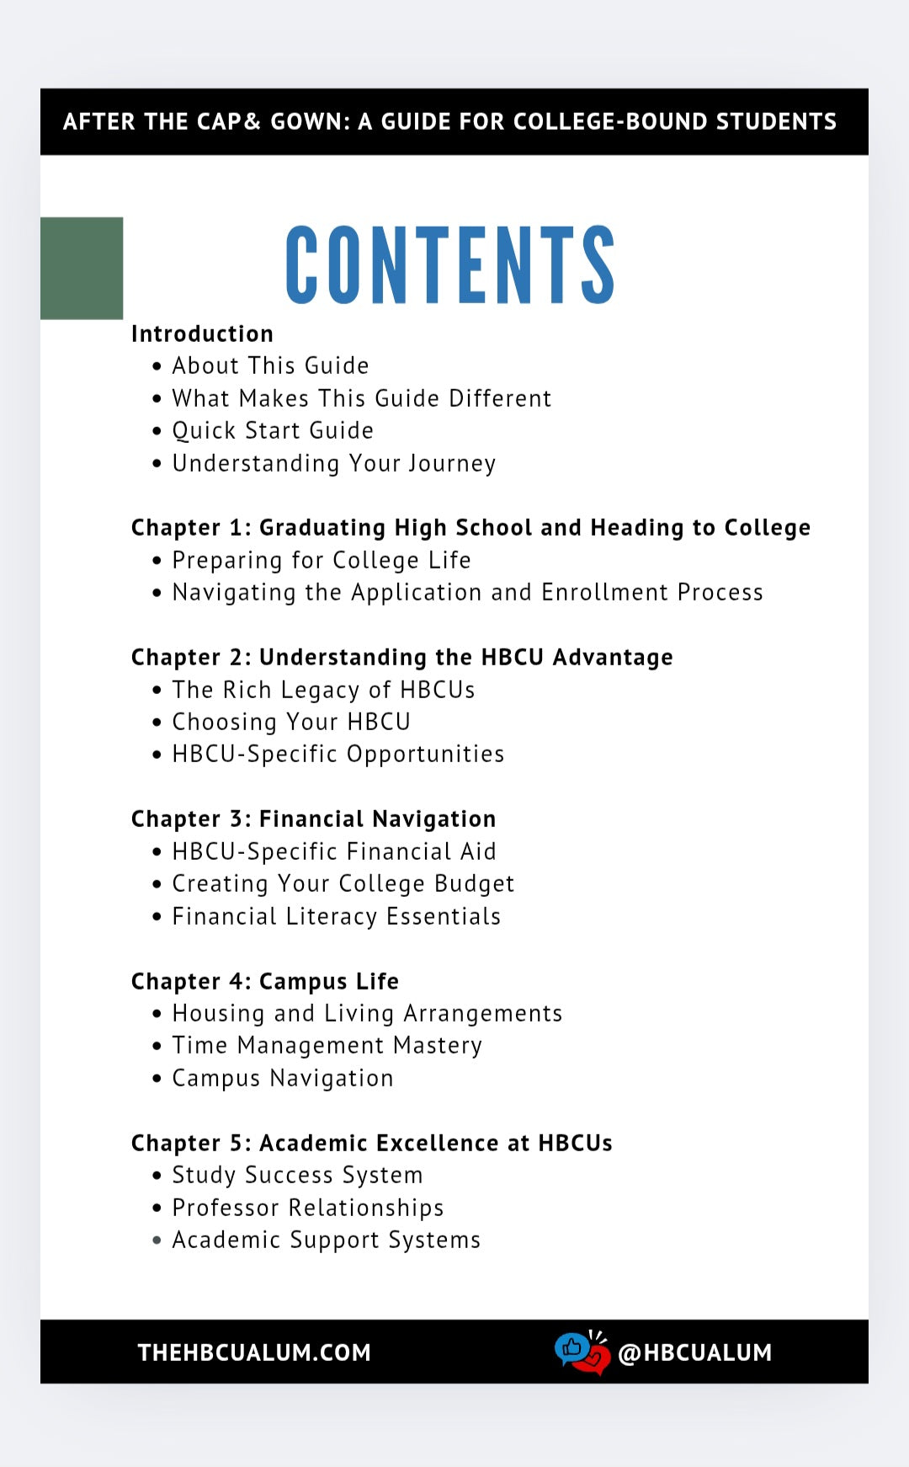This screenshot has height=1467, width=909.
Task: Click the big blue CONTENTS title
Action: [450, 264]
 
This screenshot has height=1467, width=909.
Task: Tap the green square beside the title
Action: [82, 268]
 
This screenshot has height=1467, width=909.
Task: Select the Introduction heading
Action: [202, 333]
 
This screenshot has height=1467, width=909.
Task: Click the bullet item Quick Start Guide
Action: [273, 430]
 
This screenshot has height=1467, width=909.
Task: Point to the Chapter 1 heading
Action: [470, 527]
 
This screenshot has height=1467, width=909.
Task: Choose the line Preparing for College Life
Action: [322, 560]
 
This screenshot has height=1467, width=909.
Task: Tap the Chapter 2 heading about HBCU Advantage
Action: [401, 657]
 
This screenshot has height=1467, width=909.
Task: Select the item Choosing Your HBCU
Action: [291, 722]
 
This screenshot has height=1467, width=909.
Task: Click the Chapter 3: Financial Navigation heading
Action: [313, 819]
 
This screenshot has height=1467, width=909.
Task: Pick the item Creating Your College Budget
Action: [343, 883]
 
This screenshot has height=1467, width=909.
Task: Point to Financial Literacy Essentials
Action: [336, 916]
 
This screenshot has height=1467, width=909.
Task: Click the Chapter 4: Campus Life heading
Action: [264, 981]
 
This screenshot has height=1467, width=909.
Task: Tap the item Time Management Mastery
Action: [327, 1045]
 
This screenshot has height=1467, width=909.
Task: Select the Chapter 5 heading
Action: [371, 1143]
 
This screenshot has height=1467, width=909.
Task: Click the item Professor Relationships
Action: [307, 1208]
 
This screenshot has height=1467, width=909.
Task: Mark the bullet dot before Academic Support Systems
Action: [157, 1240]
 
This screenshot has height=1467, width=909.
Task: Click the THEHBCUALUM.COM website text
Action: [254, 1352]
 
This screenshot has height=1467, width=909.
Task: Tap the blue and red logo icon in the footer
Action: [582, 1351]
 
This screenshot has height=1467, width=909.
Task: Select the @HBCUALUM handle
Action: [694, 1352]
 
